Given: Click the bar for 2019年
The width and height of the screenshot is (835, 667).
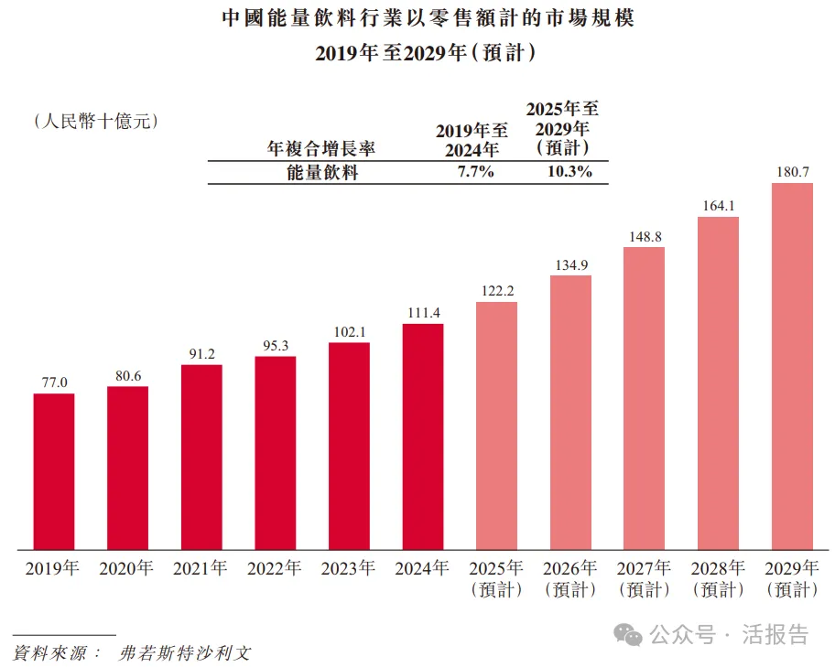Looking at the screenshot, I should pos(54,471).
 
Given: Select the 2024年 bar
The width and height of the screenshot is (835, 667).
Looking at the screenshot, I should pos(423,436).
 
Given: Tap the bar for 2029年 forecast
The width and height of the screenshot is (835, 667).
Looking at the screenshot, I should pos(792,366).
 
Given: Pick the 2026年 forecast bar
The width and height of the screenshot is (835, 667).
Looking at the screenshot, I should pos(570,412).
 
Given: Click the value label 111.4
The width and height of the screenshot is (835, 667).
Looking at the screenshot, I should pos(423,312).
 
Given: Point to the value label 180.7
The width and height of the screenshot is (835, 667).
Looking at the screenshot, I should pos(792,171).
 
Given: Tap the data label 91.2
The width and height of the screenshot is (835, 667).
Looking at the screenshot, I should pos(201,353).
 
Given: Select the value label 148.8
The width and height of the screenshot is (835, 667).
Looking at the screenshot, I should pos(645,236).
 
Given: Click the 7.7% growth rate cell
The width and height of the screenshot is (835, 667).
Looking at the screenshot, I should pos(476,171).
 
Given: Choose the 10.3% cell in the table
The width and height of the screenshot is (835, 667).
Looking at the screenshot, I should pos(569,171).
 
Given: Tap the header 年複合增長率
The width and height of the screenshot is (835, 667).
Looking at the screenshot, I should pos(320,147).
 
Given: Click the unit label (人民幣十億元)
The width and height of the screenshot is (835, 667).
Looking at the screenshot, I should pos(95,120).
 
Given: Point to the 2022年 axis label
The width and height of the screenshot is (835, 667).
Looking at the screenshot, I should pos(275,568).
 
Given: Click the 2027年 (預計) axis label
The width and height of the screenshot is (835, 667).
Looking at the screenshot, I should pos(645,578).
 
